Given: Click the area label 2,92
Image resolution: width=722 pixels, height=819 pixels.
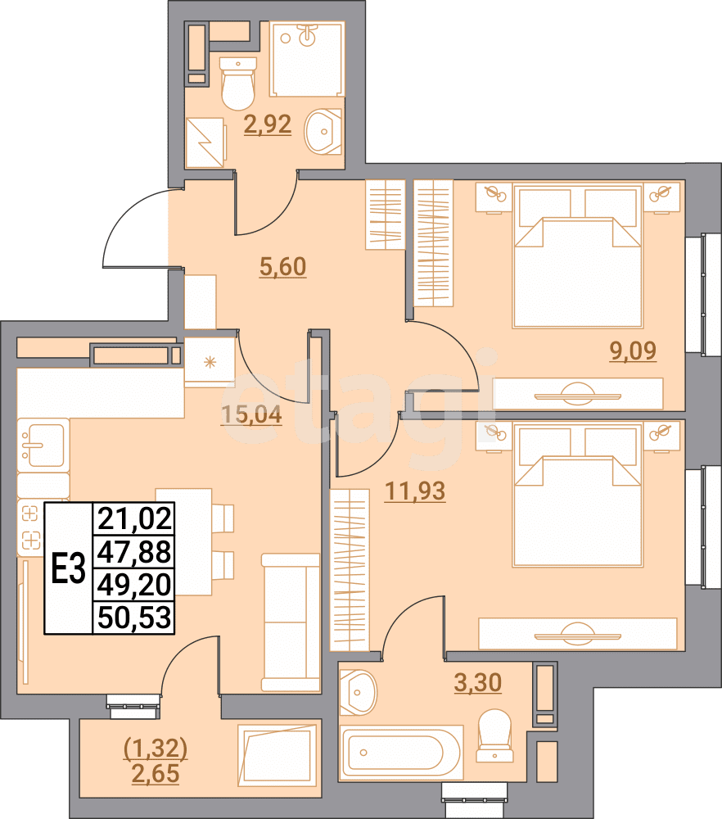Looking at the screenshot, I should point(268,126).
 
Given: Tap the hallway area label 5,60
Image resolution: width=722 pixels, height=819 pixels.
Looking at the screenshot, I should point(282,267).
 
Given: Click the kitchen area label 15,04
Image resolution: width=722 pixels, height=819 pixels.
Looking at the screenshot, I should point(251,415).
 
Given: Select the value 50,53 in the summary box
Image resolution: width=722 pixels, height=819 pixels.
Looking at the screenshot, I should point(134,617).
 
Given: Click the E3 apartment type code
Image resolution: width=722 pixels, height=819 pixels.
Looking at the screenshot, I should point(68,568).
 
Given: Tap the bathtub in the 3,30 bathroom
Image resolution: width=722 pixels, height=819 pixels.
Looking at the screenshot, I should point(401,752).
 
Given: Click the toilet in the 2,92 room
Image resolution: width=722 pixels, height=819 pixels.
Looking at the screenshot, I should point(238,84).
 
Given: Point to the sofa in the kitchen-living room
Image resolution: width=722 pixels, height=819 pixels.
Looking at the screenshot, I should point(291,622).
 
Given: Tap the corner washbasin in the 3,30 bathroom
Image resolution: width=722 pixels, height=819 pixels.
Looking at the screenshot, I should point(358,691).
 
